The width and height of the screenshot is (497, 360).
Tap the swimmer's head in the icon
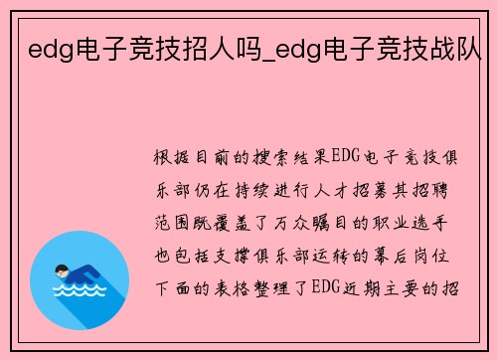click(63, 270)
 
